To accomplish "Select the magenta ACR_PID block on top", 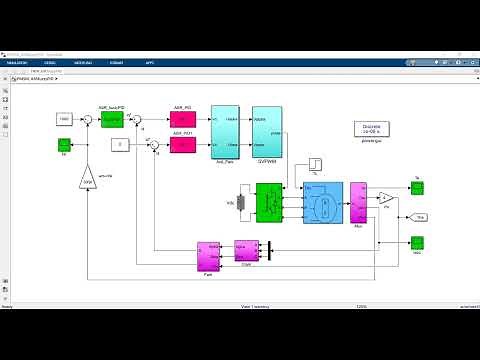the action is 183,119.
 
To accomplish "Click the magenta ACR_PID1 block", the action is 183,145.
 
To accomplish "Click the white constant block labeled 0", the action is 117,145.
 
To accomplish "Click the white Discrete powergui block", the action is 370,131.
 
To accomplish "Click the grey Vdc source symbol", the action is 241,202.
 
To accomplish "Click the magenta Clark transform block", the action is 246,250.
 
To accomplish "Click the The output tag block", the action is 421,216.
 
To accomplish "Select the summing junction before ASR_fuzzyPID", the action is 88,119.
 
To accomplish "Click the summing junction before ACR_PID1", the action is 154,146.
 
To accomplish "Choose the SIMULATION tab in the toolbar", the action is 18,62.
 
